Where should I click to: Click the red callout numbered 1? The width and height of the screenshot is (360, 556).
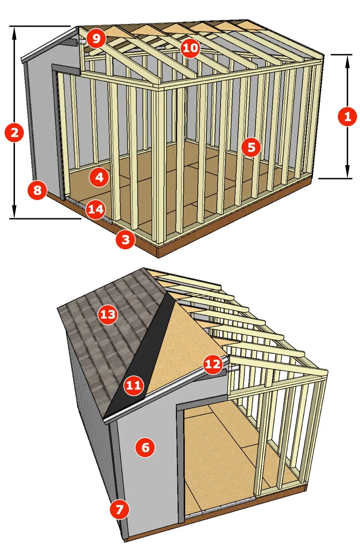click(x=347, y=117)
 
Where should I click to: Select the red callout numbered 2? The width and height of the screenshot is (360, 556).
click(x=15, y=132)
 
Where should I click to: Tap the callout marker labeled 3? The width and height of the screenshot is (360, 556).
click(x=125, y=239)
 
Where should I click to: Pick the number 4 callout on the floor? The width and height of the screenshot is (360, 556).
click(x=99, y=177)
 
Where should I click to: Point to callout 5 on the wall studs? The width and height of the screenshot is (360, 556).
click(x=251, y=147)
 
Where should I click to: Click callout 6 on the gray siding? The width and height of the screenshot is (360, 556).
click(x=145, y=447)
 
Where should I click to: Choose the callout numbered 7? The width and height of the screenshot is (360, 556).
click(x=120, y=509)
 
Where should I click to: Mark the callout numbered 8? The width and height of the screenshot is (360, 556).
click(x=37, y=190)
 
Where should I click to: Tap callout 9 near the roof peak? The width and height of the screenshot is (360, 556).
click(x=96, y=39)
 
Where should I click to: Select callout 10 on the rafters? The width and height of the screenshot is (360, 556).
click(x=190, y=48)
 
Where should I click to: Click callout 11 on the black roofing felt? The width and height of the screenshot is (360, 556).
click(x=134, y=385)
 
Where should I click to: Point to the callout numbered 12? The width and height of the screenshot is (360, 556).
click(x=213, y=364)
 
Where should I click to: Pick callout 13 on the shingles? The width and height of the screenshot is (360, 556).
click(x=108, y=314)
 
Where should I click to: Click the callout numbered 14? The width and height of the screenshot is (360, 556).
click(x=96, y=209)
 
